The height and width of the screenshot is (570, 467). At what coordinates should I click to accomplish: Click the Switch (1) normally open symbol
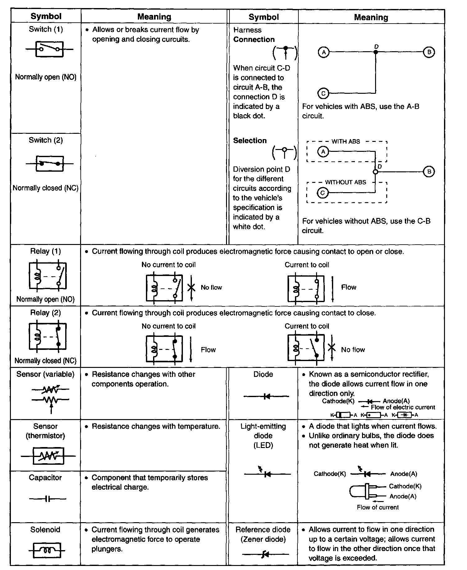pyautogui.click(x=49, y=49)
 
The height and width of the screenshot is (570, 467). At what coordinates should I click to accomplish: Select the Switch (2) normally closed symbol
pyautogui.click(x=49, y=163)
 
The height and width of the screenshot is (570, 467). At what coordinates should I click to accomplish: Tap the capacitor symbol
pyautogui.click(x=48, y=499)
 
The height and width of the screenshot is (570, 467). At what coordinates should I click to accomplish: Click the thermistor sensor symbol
pyautogui.click(x=48, y=456)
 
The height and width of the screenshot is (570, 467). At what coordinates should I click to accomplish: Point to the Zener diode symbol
pyautogui.click(x=265, y=554)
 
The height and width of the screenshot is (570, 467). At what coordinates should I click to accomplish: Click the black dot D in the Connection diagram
pyautogui.click(x=376, y=52)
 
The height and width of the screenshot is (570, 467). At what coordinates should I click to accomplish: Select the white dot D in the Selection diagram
pyautogui.click(x=375, y=172)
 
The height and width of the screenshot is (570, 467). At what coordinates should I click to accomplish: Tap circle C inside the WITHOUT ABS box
pyautogui.click(x=323, y=193)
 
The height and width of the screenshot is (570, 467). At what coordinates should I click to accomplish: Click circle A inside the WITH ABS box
pyautogui.click(x=323, y=152)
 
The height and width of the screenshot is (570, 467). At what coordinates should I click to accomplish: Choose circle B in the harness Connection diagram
pyautogui.click(x=429, y=52)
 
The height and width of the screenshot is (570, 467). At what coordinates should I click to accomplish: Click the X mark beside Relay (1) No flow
pyautogui.click(x=192, y=287)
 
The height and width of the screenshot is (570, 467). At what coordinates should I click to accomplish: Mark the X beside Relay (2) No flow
pyautogui.click(x=332, y=348)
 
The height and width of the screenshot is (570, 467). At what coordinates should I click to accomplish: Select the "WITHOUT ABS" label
pyautogui.click(x=345, y=182)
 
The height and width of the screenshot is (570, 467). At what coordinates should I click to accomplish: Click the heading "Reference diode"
pyautogui.click(x=263, y=530)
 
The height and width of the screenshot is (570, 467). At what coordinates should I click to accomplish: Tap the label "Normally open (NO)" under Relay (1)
pyautogui.click(x=45, y=299)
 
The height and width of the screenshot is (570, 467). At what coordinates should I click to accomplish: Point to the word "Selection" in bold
pyautogui.click(x=250, y=141)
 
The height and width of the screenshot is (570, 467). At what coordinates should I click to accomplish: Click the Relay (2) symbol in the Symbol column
pyautogui.click(x=48, y=337)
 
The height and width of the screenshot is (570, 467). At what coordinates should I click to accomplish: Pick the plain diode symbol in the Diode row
pyautogui.click(x=266, y=396)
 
